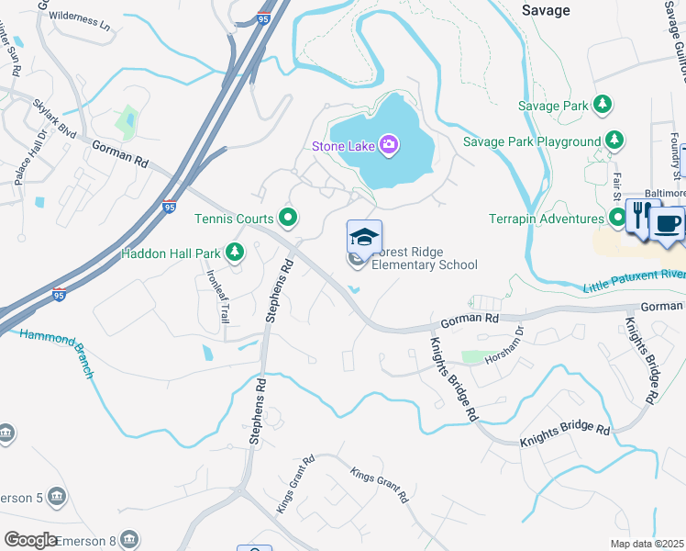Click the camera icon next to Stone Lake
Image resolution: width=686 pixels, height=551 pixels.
coord(389,144)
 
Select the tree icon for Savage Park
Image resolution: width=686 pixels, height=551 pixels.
coord(603,106)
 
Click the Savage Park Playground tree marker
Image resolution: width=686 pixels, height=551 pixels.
coord(615,141)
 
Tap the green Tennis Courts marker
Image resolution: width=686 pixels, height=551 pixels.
coord(288,218)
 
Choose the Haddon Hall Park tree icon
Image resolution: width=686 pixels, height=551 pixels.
coord(236,252)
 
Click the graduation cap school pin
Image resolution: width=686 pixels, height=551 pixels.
coord(364,237)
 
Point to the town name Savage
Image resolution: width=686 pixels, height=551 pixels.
coord(546,10)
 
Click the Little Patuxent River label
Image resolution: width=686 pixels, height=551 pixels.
coord(634,281)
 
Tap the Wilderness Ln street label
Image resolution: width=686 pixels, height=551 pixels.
coord(79,17)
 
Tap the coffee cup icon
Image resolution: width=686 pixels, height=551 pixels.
coord(669,224)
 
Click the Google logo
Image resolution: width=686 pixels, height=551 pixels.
coord(30,540)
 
